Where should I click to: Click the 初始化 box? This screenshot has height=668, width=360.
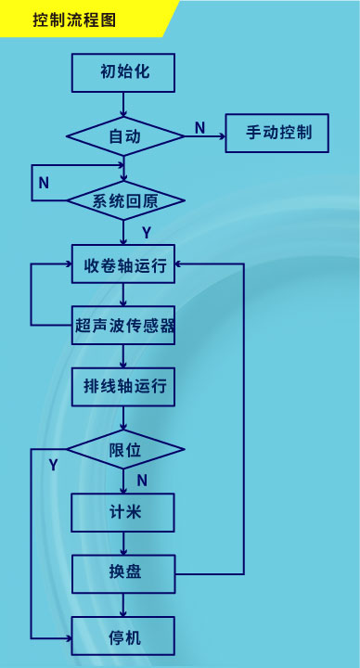pyautogui.click(x=123, y=73)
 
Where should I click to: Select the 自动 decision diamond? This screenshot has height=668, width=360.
pyautogui.click(x=124, y=135)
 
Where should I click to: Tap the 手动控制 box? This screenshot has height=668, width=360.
pyautogui.click(x=279, y=133)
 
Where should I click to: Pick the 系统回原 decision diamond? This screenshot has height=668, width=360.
pyautogui.click(x=125, y=200)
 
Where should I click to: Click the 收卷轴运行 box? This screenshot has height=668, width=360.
pyautogui.click(x=123, y=265)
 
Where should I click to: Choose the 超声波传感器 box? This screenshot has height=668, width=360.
pyautogui.click(x=124, y=326)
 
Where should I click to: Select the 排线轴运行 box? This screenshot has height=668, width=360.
pyautogui.click(x=123, y=386)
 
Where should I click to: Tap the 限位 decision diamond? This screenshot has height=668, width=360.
pyautogui.click(x=124, y=450)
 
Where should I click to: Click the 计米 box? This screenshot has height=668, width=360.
pyautogui.click(x=123, y=510)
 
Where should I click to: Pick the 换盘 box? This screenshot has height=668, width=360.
pyautogui.click(x=123, y=572)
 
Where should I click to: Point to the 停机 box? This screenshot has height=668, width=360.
pyautogui.click(x=123, y=637)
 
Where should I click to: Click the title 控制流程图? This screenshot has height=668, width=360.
pyautogui.click(x=74, y=19)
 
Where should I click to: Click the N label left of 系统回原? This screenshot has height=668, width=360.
pyautogui.click(x=44, y=184)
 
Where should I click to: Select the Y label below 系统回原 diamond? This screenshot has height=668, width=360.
pyautogui.click(x=146, y=231)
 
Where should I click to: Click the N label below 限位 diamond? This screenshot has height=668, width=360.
pyautogui.click(x=142, y=480)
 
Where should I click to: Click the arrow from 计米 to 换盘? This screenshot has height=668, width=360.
pyautogui.click(x=123, y=543)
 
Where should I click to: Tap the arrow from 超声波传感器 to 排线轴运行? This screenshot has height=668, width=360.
pyautogui.click(x=123, y=356)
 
